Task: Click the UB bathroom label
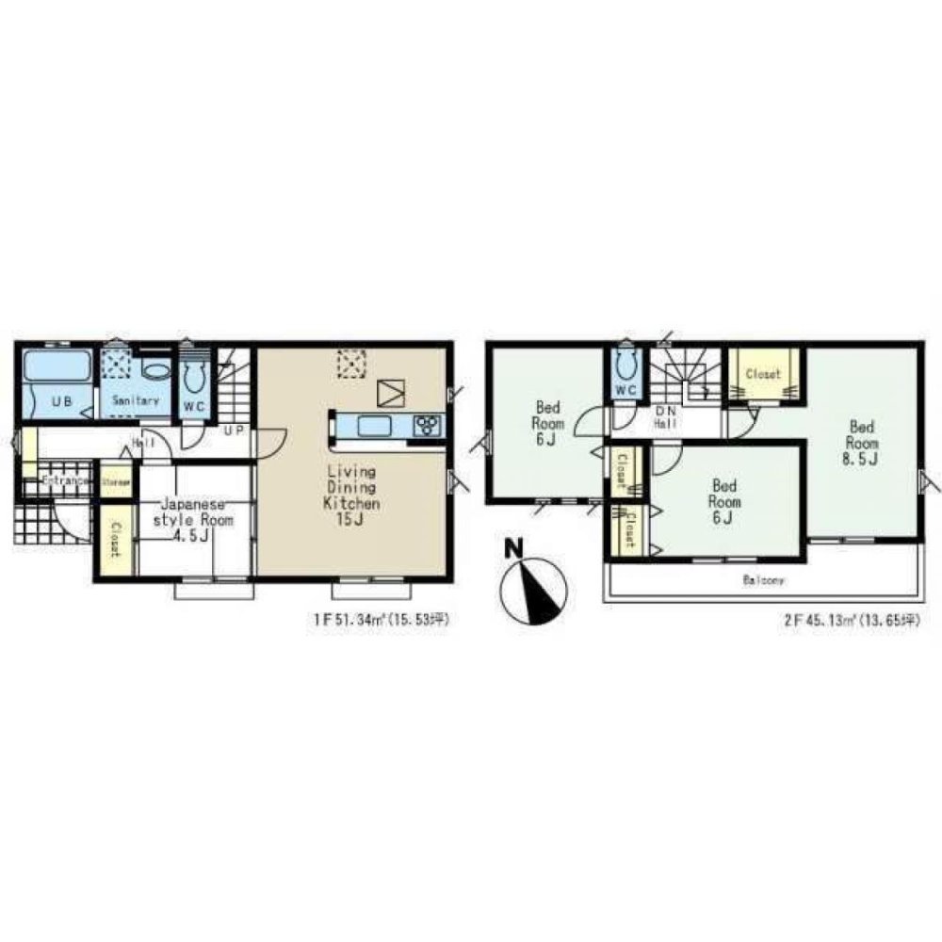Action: [61, 401]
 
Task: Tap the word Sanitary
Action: [136, 401]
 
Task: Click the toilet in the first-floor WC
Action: [195, 378]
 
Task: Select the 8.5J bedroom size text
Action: [860, 460]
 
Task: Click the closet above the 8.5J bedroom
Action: [763, 374]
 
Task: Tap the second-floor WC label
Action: [624, 389]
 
